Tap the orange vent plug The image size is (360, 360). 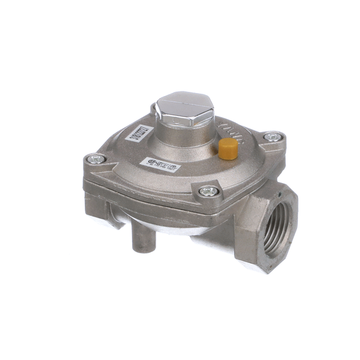click(227, 148)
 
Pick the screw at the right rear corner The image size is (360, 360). click(272, 137)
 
